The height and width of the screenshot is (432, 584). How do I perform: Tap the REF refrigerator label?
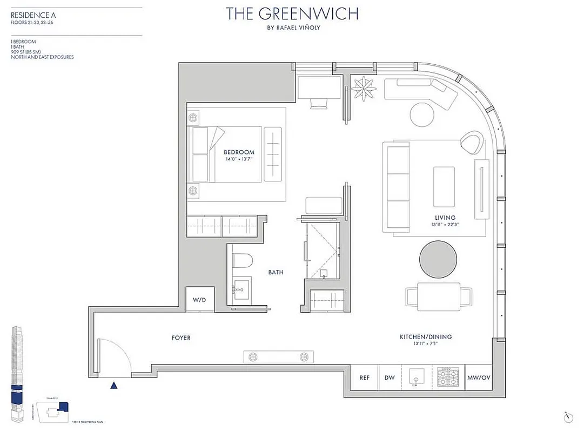pyautogui.click(x=365, y=378)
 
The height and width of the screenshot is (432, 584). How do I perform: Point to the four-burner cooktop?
pyautogui.click(x=447, y=377)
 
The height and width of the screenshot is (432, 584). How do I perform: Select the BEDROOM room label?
pyautogui.click(x=239, y=152)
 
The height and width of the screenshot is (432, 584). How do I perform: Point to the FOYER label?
pyautogui.click(x=181, y=338)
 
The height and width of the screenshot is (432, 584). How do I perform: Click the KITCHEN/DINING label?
pyautogui.click(x=425, y=337)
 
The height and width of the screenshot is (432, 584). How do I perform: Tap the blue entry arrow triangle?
pyautogui.click(x=113, y=385)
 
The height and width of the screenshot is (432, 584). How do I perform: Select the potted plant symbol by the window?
pyautogui.click(x=362, y=86)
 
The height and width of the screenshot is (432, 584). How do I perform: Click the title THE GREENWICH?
pyautogui.click(x=292, y=13)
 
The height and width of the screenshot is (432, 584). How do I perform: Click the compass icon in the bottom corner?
pyautogui.click(x=567, y=417)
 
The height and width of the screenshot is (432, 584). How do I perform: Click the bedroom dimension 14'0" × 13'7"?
pyautogui.click(x=239, y=159)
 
